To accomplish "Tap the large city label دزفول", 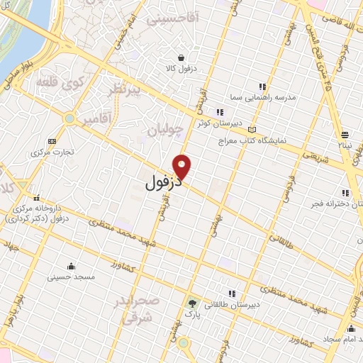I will click(x=153, y=183).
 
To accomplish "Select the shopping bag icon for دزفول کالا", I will click(x=181, y=57).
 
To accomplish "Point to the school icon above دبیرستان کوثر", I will click(x=220, y=112).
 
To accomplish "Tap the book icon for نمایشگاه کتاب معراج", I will click(x=253, y=130).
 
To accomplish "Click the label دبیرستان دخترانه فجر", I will click(x=333, y=204).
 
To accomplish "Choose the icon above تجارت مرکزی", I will click(x=51, y=140).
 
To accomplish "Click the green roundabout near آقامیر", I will click(x=69, y=118).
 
